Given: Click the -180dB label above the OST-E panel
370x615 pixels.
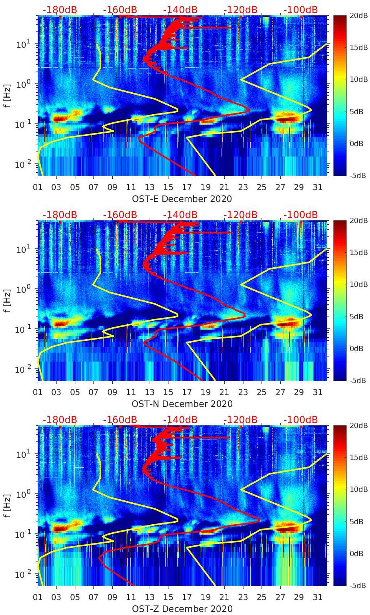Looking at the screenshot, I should [x=60, y=10].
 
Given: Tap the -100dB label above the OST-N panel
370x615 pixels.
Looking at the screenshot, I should [x=301, y=215].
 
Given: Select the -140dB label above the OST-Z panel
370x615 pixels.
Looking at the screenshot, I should [x=180, y=420].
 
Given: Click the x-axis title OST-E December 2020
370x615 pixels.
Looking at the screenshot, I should [x=182, y=199].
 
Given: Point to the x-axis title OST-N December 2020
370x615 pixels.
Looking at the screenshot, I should [x=182, y=404].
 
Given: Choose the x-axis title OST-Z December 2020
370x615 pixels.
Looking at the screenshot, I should [x=182, y=609].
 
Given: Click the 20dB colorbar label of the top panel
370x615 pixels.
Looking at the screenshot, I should [x=356, y=15].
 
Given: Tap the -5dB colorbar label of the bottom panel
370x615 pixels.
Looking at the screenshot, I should [x=356, y=585].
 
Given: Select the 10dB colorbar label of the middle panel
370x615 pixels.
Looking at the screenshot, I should [x=356, y=284].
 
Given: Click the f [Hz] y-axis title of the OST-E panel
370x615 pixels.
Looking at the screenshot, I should [x=7, y=95].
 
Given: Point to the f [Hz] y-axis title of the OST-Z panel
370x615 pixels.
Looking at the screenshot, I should [x=7, y=505].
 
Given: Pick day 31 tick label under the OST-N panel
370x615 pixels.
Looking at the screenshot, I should [x=317, y=392].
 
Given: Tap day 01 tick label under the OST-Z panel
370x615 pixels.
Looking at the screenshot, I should [x=38, y=597].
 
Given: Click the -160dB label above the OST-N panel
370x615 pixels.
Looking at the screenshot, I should [x=120, y=215].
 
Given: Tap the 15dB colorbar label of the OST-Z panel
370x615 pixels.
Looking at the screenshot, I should [x=356, y=457].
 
